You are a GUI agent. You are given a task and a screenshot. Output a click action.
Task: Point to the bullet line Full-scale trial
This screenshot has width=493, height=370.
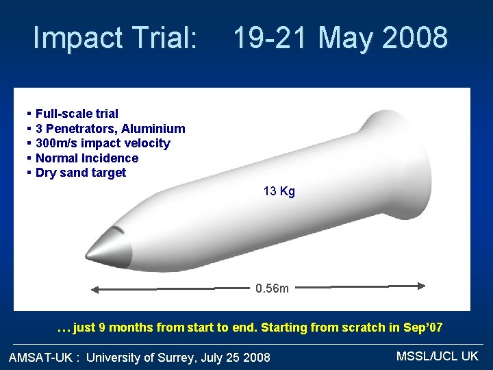click(x=77, y=114)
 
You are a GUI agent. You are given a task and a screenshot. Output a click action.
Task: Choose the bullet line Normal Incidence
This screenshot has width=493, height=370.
click(x=86, y=158)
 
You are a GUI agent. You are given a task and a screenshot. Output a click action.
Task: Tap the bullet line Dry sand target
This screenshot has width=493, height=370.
click(x=81, y=173)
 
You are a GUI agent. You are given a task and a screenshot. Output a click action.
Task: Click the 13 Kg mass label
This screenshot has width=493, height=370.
click(x=279, y=192)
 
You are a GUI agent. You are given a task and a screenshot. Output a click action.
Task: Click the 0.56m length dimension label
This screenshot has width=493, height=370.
click(x=272, y=288)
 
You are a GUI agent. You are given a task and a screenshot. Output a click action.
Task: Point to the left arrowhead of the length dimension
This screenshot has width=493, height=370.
click(x=95, y=288)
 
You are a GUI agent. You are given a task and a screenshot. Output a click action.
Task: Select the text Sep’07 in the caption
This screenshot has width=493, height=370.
click(x=422, y=328)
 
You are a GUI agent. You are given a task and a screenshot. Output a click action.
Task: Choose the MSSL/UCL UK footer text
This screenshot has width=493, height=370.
click(x=437, y=356)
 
